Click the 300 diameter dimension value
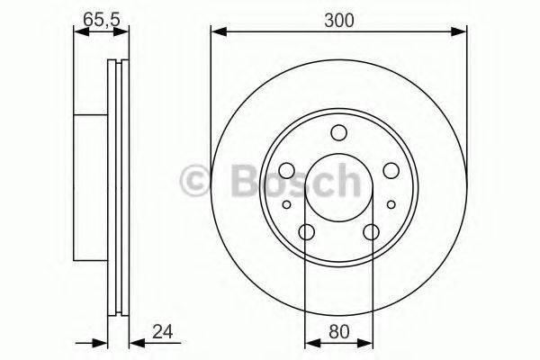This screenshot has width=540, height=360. coord(338,19)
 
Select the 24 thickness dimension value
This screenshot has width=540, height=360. coord(163,331)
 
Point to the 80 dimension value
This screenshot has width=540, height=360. coord(337,331)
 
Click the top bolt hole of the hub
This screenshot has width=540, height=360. coord(338,133)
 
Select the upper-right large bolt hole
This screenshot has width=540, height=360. coord(391,170)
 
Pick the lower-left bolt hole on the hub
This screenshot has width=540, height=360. coord(306,232)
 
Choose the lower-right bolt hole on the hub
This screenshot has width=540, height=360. coord(371,232)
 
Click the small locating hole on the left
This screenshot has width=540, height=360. coord(287,205)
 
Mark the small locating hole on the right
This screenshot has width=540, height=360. coord(390,205)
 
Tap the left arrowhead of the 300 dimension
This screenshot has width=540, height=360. coord(217,34)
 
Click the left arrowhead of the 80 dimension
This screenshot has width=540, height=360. coord(311,342)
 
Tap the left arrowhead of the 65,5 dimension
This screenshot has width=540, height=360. coord(78,33)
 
